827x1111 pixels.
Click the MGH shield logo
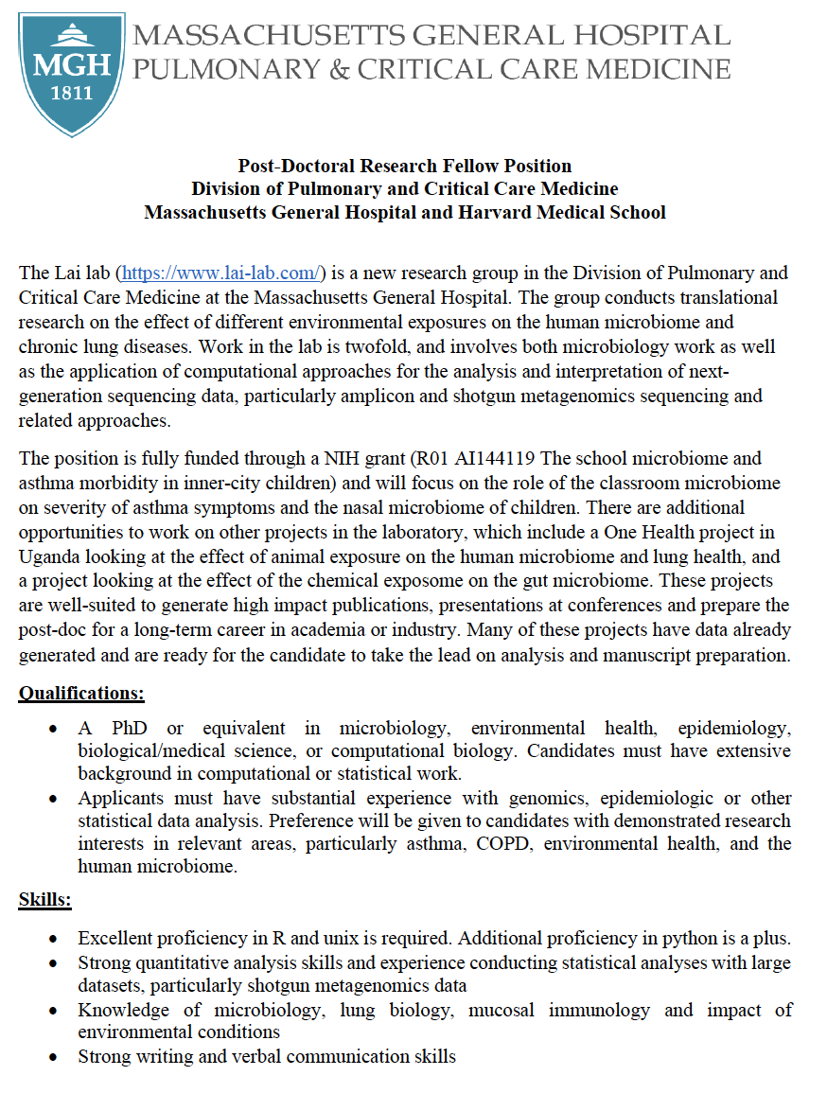coord(72,74)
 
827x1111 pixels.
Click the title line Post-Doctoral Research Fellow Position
coord(404,167)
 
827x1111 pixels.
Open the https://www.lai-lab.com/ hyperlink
coord(220,273)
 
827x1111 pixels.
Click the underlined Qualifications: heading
coord(81,694)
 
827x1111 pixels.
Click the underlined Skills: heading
coord(45,900)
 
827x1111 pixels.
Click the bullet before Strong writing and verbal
coord(55,1056)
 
